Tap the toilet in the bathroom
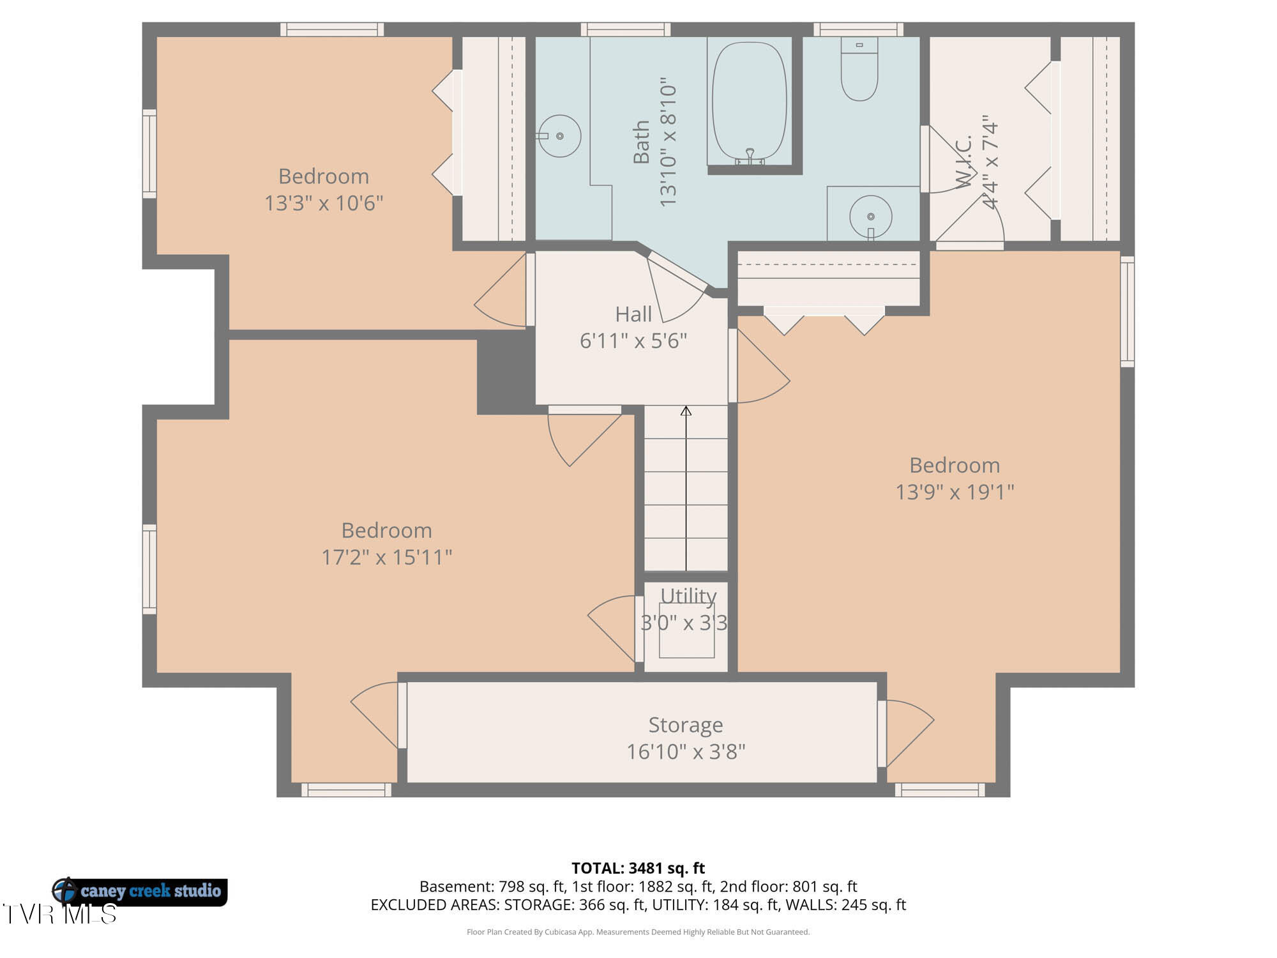[859, 68]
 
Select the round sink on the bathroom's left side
[559, 135]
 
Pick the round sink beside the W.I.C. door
[870, 217]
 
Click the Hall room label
[633, 314]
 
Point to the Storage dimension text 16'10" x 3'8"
[686, 752]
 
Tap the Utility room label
[688, 595]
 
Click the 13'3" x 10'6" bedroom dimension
[324, 203]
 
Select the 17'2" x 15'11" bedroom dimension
[386, 557]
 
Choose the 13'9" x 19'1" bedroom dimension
[955, 492]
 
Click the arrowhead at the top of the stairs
[686, 411]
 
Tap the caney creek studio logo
[139, 891]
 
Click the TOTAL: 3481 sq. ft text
[638, 868]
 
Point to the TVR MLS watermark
[59, 914]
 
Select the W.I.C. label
[963, 162]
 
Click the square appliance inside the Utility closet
[686, 630]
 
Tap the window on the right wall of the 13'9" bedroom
[1128, 312]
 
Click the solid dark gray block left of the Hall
[506, 372]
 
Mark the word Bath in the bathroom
[640, 142]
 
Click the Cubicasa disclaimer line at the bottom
[638, 932]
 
